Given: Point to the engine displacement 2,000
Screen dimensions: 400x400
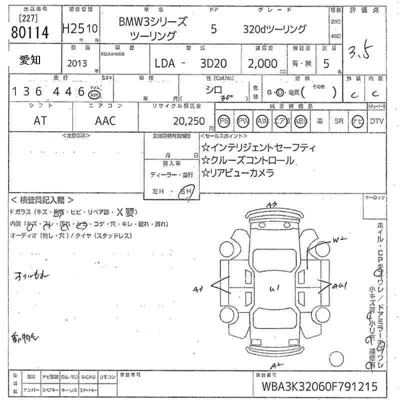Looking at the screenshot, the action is [x=262, y=64].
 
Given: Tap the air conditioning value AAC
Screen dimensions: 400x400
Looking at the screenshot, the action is [x=105, y=120].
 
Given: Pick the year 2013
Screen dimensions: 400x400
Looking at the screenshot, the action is [x=76, y=64].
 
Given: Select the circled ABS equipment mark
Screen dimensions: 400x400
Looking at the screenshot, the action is [x=300, y=120].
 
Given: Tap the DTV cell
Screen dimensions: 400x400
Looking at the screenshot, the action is [x=377, y=120].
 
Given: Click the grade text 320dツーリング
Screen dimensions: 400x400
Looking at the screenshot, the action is [x=274, y=29].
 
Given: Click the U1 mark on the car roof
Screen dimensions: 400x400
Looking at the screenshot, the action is [x=273, y=288].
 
